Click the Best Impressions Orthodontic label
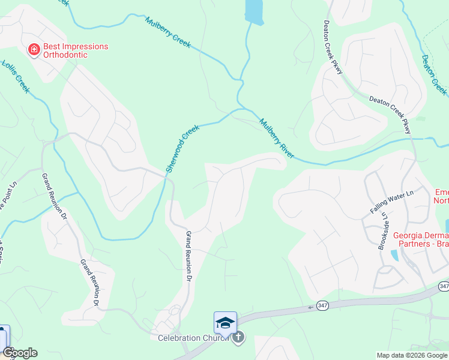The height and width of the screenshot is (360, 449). pos(75,50)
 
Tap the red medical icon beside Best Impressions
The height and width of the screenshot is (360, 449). pos(34,49)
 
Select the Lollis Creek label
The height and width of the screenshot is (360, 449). pos(15,76)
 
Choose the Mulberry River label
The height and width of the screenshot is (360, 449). pos(276,138)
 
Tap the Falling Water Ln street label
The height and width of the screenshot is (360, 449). pos(392,202)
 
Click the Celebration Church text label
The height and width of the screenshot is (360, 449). pos(193,338)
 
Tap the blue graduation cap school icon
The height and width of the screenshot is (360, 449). pos(225,323)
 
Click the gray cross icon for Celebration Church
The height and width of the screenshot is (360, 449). pos(238,337)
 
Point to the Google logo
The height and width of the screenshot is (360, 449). pos(20,353)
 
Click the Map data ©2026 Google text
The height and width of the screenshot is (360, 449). pos(411,355)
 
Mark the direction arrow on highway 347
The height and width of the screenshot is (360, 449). pos(312,307)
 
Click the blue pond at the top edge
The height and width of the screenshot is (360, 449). pos(254,11)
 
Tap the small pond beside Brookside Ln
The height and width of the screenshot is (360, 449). pos(394,255)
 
